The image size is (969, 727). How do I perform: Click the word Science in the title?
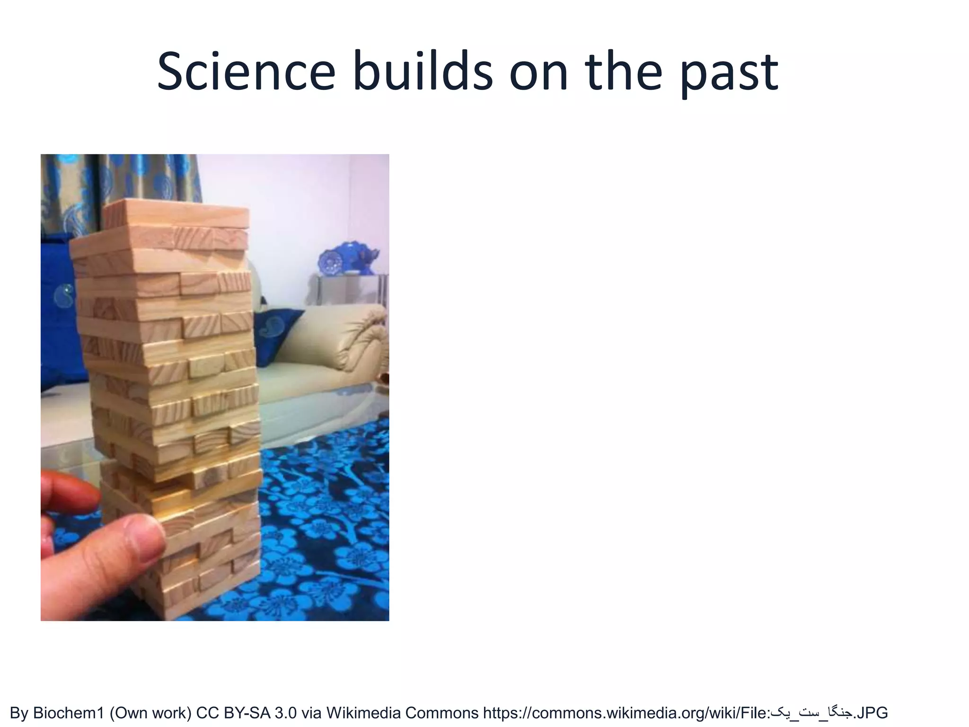[x=246, y=72]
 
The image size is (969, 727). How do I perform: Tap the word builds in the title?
[x=423, y=72]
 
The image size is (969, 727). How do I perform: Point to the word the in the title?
[x=623, y=72]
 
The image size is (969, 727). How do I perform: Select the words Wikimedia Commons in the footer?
[x=402, y=712]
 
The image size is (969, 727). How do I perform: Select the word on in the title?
[x=538, y=72]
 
